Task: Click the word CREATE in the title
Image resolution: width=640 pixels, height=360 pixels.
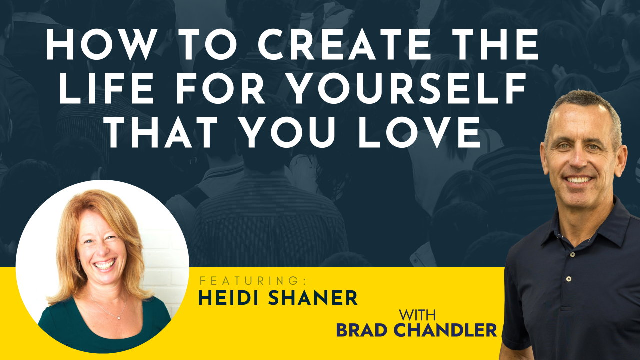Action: pos(345,44)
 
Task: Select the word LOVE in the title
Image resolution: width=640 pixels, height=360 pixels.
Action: pos(419,132)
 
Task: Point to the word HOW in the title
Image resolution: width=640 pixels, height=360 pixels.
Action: pos(102,44)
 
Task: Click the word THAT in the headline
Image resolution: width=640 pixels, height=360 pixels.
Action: pos(162,132)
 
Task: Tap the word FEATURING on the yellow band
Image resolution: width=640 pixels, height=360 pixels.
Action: pos(253,281)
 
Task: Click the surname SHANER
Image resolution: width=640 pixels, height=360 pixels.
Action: pos(313,298)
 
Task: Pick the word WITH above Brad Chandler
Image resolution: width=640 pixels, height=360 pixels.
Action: pos(417,315)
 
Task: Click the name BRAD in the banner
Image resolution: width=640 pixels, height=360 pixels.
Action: pos(361,330)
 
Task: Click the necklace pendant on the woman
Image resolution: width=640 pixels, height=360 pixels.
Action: pos(119,318)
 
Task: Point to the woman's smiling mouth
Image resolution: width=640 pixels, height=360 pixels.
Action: pos(105,264)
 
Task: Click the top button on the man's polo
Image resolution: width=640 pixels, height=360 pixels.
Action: pos(572,254)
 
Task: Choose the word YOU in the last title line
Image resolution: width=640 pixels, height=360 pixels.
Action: pos(288,132)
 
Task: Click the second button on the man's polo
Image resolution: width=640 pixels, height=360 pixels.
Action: pos(569,279)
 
